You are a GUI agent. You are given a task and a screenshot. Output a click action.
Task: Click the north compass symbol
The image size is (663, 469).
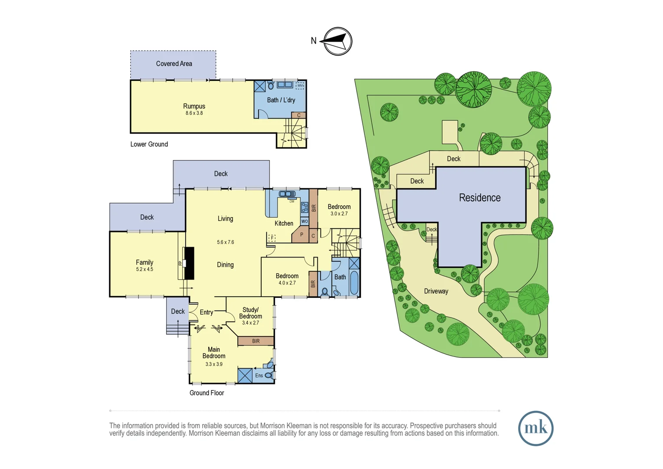tap(338, 41)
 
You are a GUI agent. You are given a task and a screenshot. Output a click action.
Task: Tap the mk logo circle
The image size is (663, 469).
tap(535, 428)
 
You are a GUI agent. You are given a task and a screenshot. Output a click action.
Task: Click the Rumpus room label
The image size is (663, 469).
tap(194, 106)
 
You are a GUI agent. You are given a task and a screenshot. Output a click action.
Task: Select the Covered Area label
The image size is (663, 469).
tap(174, 64)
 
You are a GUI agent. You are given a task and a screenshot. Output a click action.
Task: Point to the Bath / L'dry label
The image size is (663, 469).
tap(281, 100)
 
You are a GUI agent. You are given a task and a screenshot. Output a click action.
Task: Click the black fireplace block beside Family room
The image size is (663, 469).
tap(189, 263)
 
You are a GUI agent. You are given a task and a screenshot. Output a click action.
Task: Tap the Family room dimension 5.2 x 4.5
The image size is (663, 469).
tap(144, 269)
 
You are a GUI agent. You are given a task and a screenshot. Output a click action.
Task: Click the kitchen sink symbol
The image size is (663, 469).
tap(287, 194)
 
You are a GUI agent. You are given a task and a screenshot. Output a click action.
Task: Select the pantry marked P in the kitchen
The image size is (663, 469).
tap(301, 235)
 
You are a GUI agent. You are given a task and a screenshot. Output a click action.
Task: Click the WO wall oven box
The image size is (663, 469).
tap(305, 221)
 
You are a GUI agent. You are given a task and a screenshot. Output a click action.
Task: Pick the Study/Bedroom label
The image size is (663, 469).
tap(250, 313)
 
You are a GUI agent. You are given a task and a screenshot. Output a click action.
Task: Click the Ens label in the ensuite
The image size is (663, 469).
tap(259, 376)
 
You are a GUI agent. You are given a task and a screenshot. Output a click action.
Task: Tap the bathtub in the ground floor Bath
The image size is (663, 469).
tap(354, 283)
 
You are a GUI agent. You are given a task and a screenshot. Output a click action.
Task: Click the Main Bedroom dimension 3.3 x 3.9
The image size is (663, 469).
tap(214, 364)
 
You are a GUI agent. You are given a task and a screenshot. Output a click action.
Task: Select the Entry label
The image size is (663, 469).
tap(207, 312)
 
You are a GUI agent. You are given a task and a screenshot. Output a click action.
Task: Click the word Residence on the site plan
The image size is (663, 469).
tap(479, 198)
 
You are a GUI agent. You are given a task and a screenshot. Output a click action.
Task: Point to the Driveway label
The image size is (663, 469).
tap(436, 291)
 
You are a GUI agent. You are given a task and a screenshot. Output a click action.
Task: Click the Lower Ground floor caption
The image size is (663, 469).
tap(149, 144)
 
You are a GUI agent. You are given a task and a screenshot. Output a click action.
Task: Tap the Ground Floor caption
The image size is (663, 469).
tap(207, 393)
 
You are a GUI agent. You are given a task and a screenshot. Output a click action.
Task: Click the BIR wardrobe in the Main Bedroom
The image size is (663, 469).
tap(256, 341)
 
